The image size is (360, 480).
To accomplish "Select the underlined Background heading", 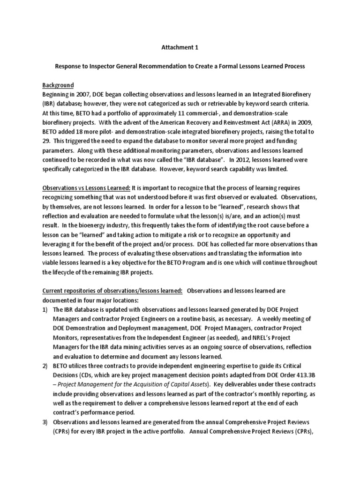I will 59,85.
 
